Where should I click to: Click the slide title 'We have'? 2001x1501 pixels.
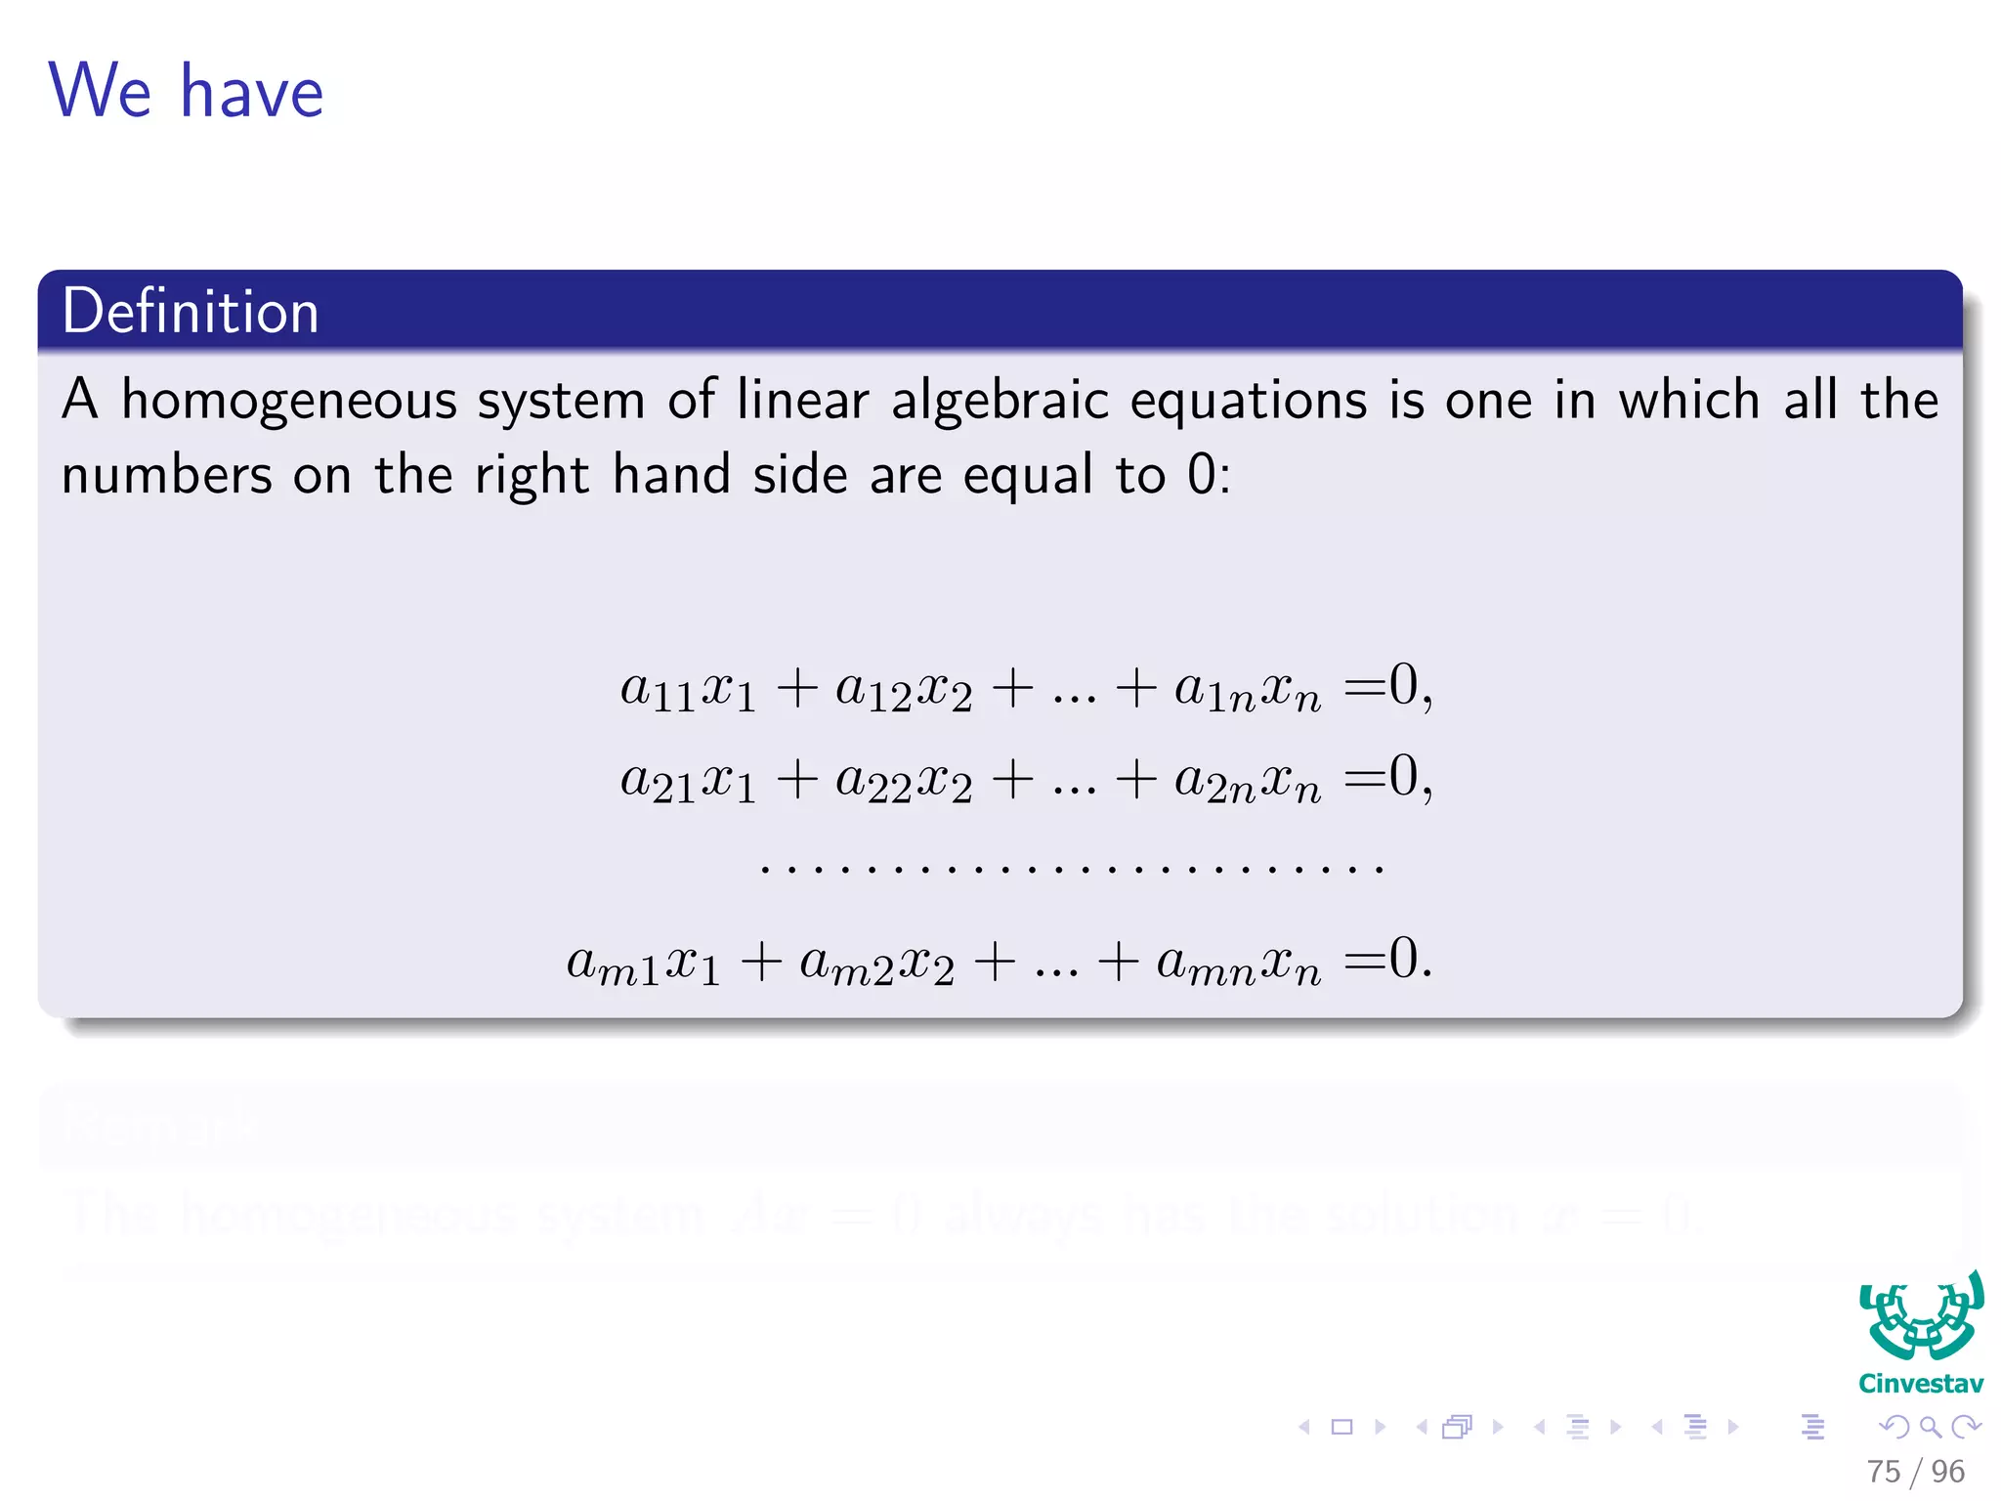pyautogui.click(x=186, y=91)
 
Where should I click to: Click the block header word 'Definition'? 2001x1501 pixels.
pyautogui.click(x=191, y=312)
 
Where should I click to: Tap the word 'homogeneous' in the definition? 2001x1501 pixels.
pyautogui.click(x=289, y=402)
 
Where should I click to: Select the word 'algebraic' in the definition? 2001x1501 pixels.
pyautogui.click(x=999, y=402)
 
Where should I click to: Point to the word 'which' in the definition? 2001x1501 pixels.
pyautogui.click(x=1688, y=400)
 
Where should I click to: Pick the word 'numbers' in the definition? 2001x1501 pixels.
pyautogui.click(x=166, y=476)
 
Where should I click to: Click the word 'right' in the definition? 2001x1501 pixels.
pyautogui.click(x=532, y=476)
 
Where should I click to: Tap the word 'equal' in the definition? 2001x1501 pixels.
pyautogui.click(x=1027, y=476)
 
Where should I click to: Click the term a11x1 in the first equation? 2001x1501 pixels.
pyautogui.click(x=688, y=689)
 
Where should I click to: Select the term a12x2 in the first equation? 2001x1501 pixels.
pyautogui.click(x=904, y=689)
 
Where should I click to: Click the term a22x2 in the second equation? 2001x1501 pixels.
pyautogui.click(x=904, y=782)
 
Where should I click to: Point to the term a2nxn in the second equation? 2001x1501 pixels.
pyautogui.click(x=1248, y=782)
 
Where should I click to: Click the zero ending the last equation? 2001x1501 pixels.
pyautogui.click(x=1403, y=958)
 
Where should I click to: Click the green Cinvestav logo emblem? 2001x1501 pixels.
pyautogui.click(x=1921, y=1317)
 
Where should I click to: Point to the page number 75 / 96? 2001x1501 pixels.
pyautogui.click(x=1915, y=1471)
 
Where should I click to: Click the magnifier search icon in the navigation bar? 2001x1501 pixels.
pyautogui.click(x=1930, y=1427)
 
